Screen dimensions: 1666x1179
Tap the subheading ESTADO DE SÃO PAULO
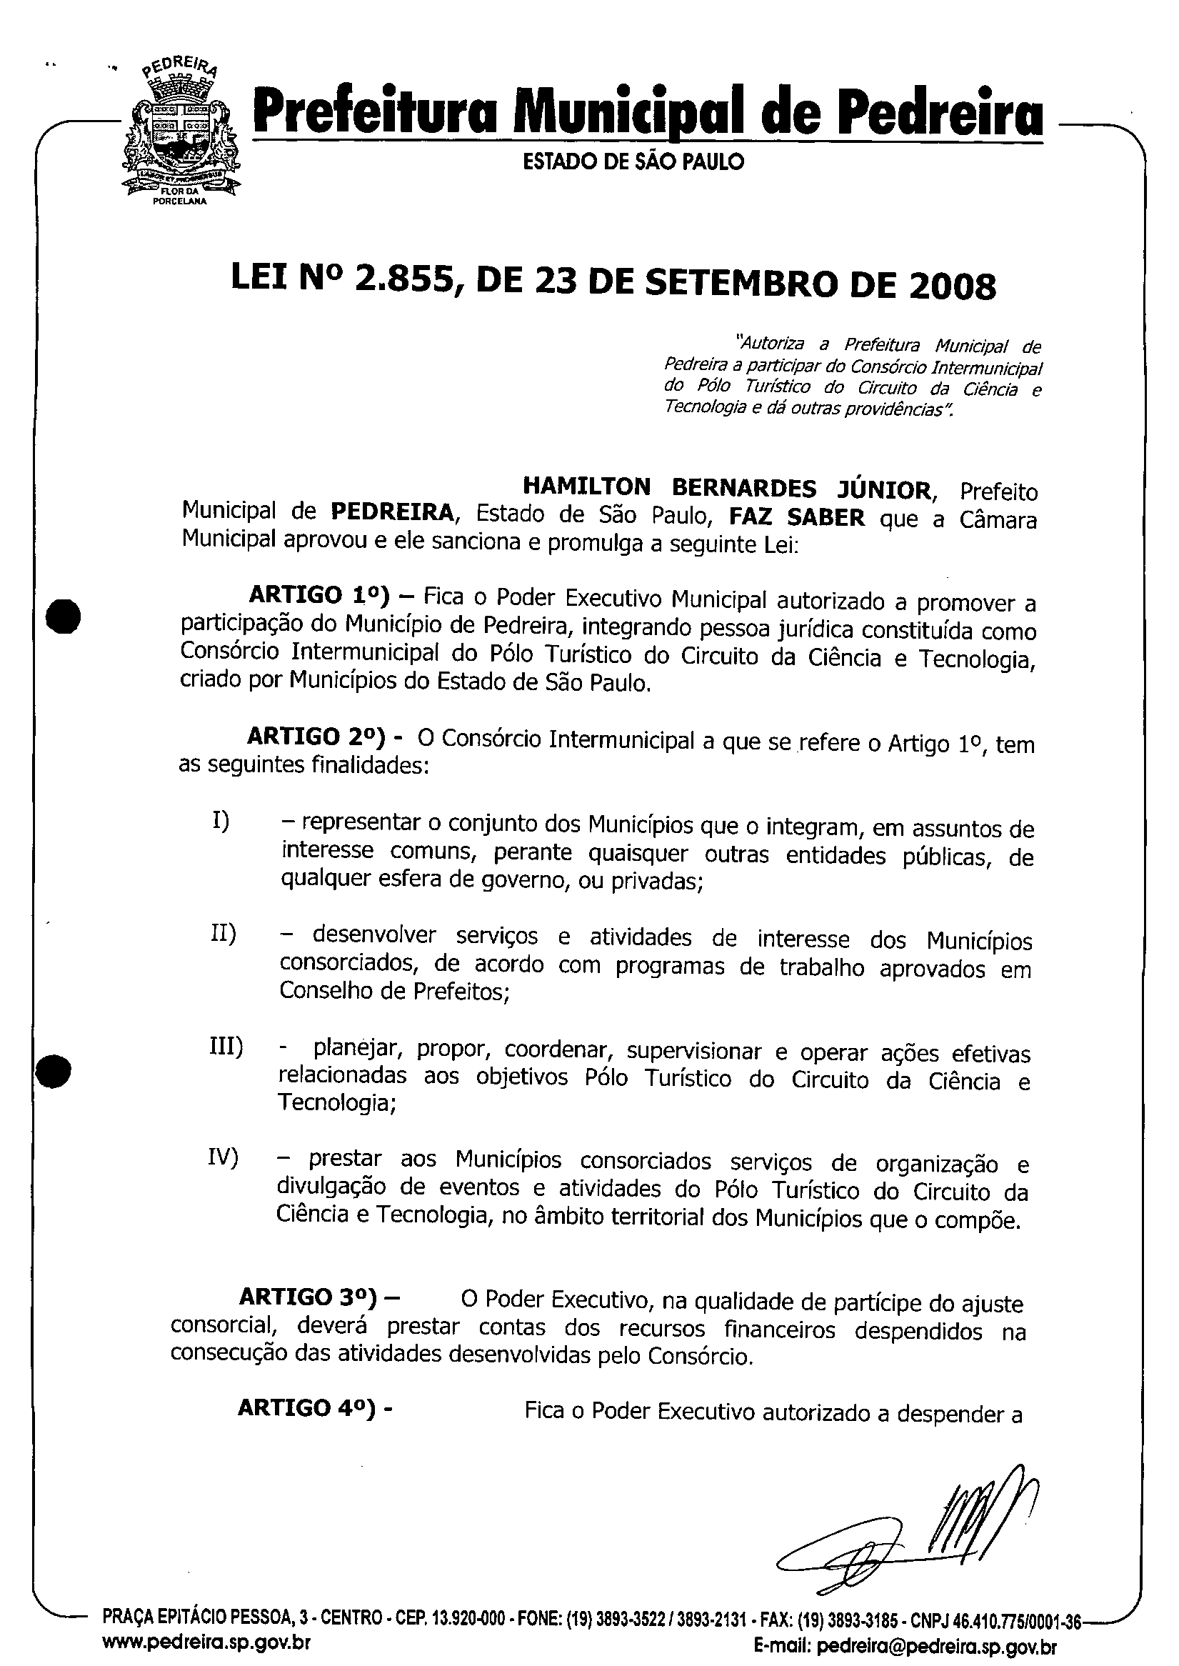coord(633,162)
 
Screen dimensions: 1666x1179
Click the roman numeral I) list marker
coord(221,822)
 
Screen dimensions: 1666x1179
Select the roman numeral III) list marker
coord(226,1048)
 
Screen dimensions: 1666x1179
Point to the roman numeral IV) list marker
coord(223,1157)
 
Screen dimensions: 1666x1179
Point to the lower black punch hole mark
coord(55,1070)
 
